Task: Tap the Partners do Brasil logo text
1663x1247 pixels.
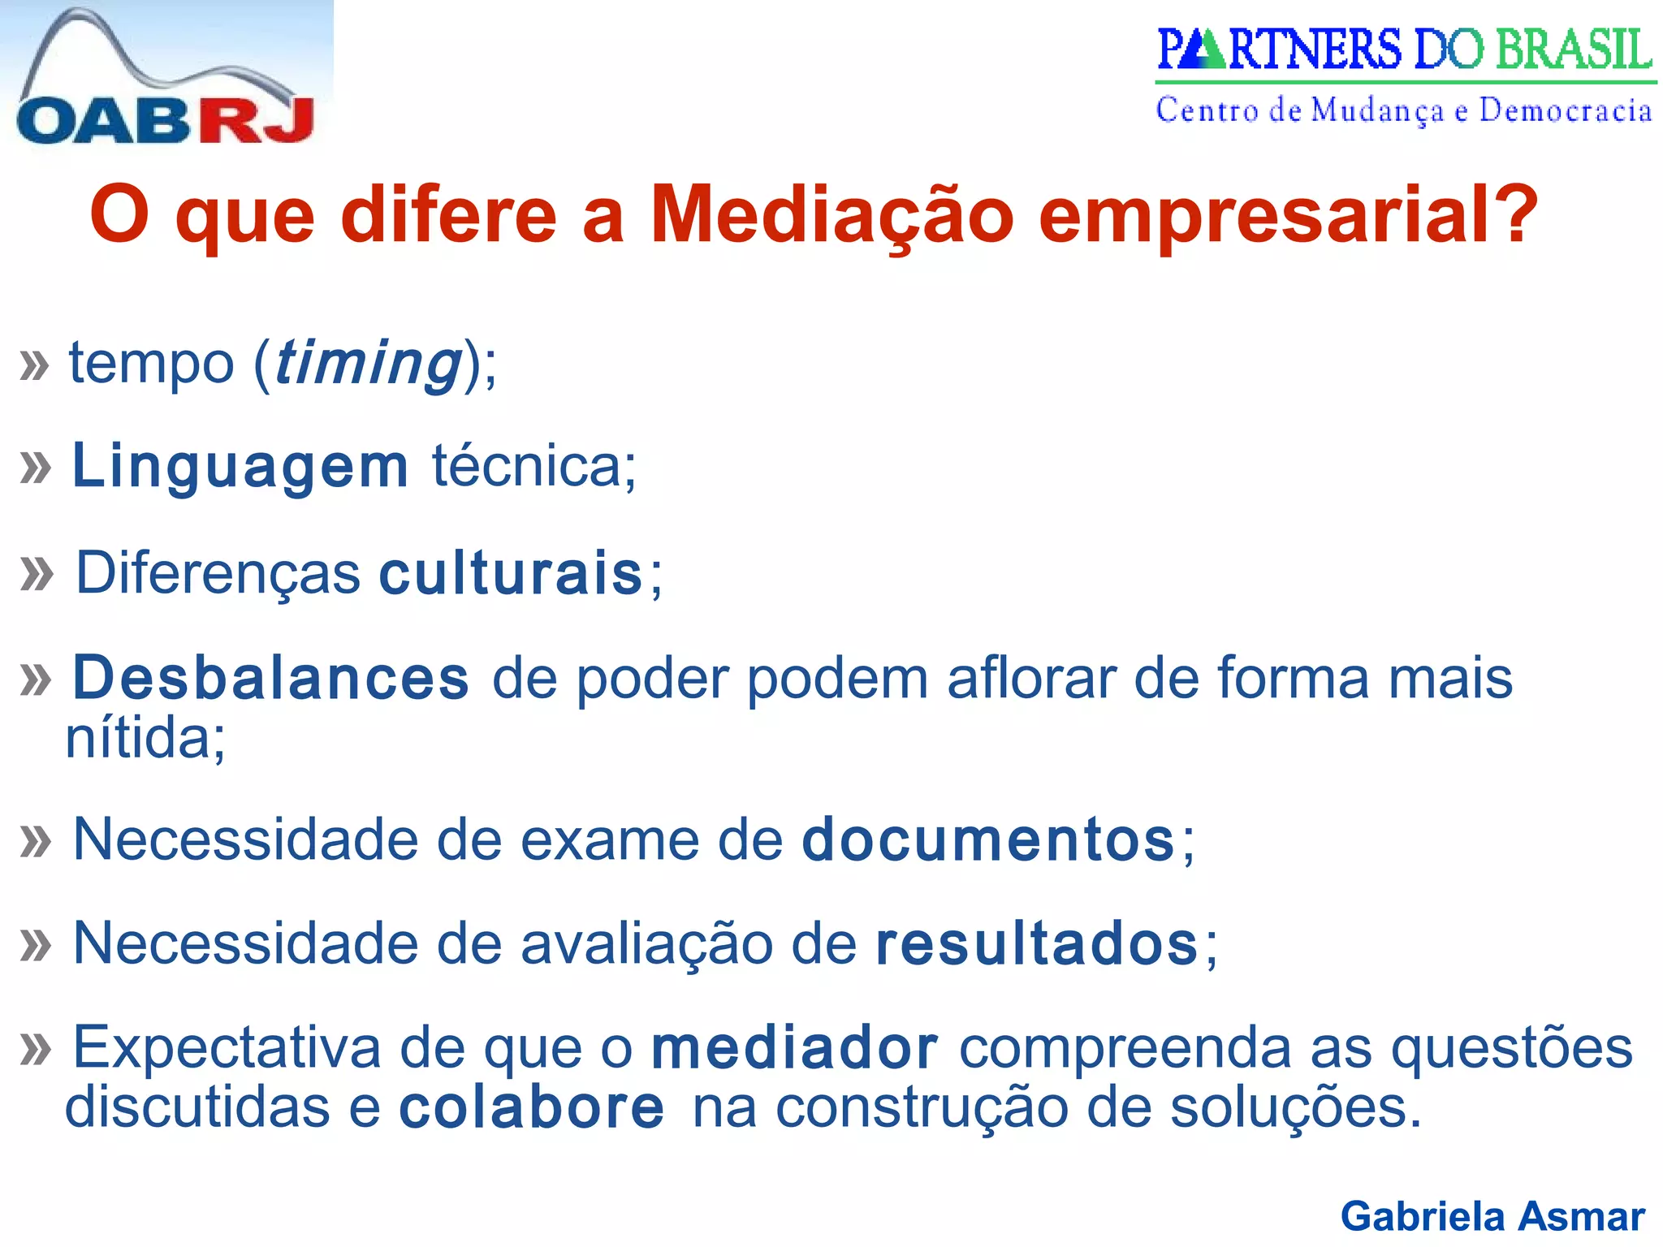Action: pos(1404,50)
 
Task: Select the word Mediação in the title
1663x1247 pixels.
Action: pos(832,215)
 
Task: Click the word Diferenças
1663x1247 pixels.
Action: pos(218,574)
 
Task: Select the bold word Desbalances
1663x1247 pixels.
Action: pos(271,678)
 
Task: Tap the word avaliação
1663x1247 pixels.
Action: pos(646,945)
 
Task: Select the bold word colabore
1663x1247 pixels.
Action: pos(532,1107)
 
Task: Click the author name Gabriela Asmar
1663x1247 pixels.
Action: pos(1492,1216)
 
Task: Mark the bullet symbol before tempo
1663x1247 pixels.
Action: pos(34,365)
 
